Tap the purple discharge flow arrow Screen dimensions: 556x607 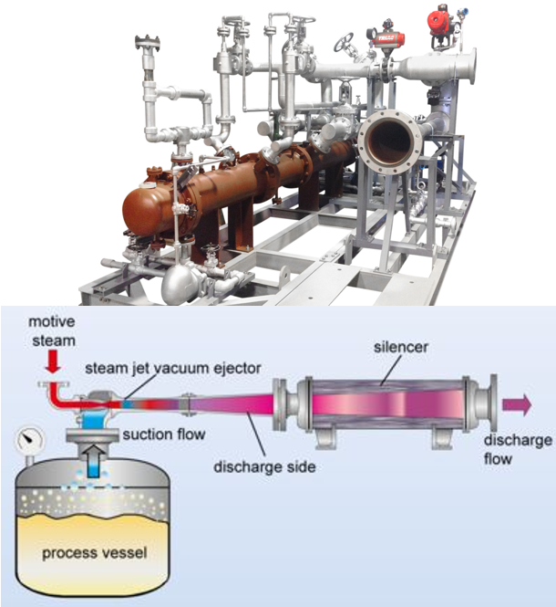517,404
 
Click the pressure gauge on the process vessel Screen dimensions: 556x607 31,441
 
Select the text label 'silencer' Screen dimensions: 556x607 400,347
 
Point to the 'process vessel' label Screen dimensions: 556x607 95,553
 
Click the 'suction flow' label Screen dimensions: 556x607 163,434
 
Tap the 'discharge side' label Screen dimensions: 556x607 265,466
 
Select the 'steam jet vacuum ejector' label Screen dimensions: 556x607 173,368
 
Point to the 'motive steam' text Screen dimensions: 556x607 53,331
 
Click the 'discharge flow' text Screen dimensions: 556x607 518,450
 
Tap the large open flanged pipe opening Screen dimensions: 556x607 389,139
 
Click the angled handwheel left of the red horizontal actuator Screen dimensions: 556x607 344,42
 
